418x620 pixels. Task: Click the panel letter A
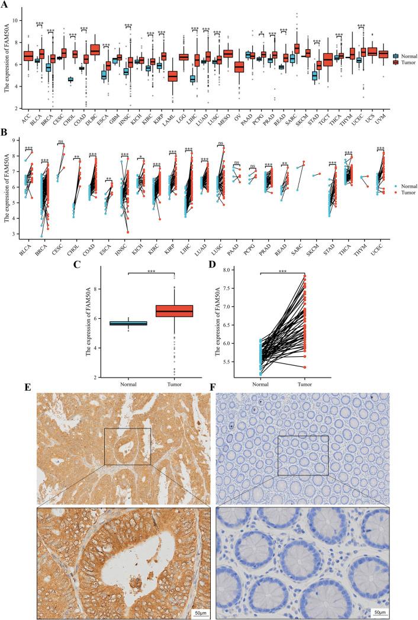coord(5,4)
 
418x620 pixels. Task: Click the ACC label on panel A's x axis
coord(27,120)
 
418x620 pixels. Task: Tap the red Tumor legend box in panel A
coord(396,62)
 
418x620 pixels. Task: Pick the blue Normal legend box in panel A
coord(396,55)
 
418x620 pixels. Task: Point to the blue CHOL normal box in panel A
coord(70,79)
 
